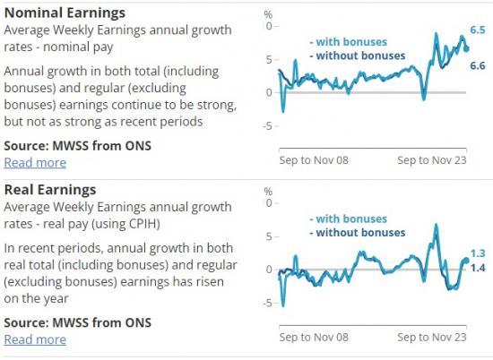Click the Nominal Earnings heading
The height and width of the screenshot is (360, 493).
click(x=65, y=13)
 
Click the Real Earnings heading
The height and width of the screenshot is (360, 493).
click(x=50, y=190)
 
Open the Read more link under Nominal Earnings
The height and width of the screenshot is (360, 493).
click(x=35, y=162)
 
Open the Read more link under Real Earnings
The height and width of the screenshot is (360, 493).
click(x=35, y=339)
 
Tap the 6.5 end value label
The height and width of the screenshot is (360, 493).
click(x=478, y=30)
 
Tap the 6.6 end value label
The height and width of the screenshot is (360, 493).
click(x=478, y=66)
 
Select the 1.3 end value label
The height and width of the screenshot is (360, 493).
click(x=478, y=253)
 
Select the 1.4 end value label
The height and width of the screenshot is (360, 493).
click(x=478, y=268)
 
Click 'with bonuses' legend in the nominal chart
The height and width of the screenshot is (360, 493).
click(x=348, y=42)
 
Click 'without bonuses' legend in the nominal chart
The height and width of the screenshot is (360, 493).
click(x=356, y=56)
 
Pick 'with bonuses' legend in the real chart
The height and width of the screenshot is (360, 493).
click(x=348, y=219)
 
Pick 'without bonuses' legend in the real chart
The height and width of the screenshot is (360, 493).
click(x=356, y=233)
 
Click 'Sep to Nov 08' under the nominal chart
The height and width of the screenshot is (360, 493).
click(x=314, y=160)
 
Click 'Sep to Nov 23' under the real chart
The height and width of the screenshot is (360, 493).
click(x=432, y=338)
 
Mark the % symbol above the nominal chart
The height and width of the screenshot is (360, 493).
click(x=270, y=14)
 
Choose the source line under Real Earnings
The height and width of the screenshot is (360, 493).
click(x=77, y=322)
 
